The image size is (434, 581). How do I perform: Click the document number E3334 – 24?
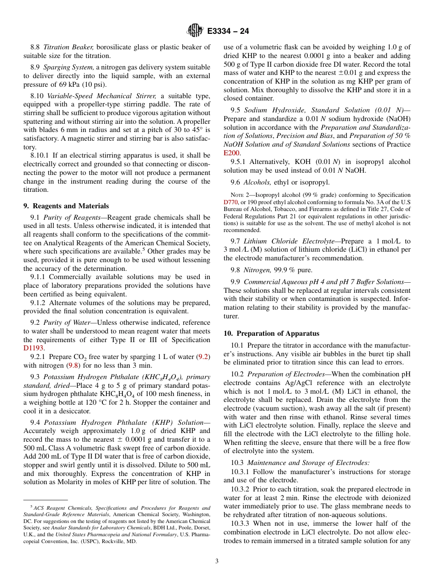pyautogui.click(x=228, y=32)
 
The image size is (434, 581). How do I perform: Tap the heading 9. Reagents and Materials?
pyautogui.click(x=66, y=206)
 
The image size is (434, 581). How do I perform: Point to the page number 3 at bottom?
pyautogui.click(x=217, y=561)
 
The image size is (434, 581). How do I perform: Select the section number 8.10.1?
pyautogui.click(x=40, y=155)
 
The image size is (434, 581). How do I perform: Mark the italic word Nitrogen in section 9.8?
pyautogui.click(x=257, y=270)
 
